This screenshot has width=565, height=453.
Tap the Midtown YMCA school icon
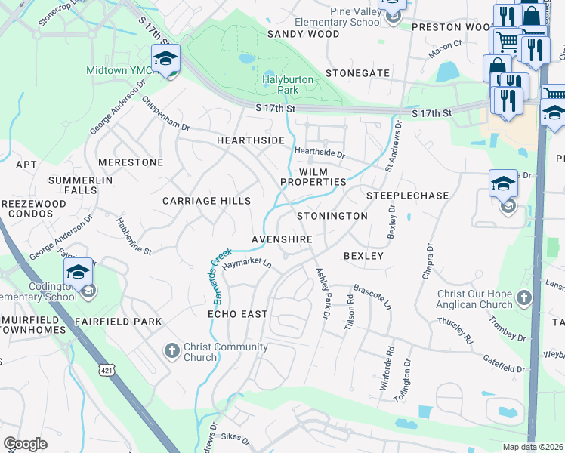click(166, 58)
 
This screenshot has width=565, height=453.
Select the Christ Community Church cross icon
click(172, 351)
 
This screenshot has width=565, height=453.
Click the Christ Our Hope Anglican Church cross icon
click(523, 299)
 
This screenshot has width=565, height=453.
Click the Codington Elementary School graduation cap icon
click(78, 272)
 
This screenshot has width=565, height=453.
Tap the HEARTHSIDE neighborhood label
click(250, 141)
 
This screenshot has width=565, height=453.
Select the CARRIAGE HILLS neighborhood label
click(206, 202)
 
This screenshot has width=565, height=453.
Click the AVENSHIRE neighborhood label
click(282, 239)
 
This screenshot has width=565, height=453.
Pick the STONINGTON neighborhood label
click(332, 216)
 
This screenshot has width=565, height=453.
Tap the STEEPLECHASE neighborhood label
click(407, 196)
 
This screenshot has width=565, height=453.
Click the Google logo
click(25, 444)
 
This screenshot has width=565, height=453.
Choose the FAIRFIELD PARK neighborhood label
click(118, 322)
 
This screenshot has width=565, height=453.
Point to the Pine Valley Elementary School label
click(356, 17)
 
